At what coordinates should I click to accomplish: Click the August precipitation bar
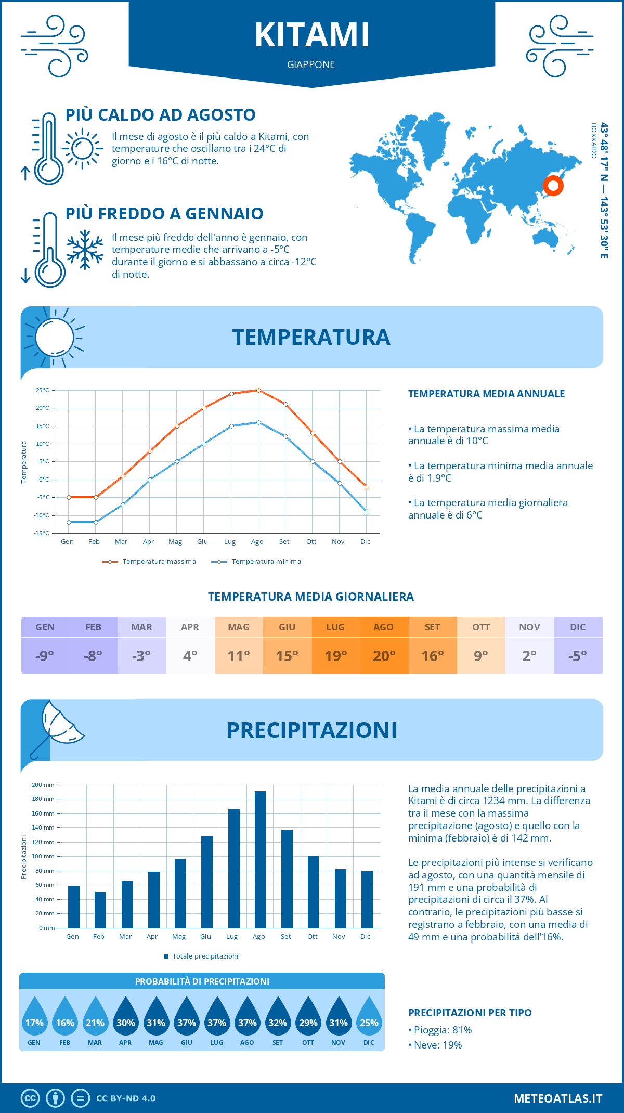pos(261,859)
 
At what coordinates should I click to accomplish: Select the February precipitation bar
pos(100,910)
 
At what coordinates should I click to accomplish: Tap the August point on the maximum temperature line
pos(258,390)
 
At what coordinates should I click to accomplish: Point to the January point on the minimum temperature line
pos(69,522)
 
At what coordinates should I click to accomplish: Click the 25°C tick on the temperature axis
pos(43,390)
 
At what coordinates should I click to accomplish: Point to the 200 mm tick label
pos(43,785)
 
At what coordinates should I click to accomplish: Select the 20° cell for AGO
pos(384,656)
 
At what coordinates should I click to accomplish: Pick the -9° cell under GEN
pos(45,656)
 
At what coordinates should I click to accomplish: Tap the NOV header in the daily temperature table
pos(529,627)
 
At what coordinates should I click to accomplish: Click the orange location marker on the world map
pos(553,185)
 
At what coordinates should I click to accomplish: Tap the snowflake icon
pos(85,250)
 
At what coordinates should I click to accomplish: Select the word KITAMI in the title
pos(312,35)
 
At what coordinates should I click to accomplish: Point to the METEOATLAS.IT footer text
pos(558,1098)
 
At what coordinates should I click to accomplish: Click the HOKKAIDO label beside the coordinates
pos(594,140)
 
